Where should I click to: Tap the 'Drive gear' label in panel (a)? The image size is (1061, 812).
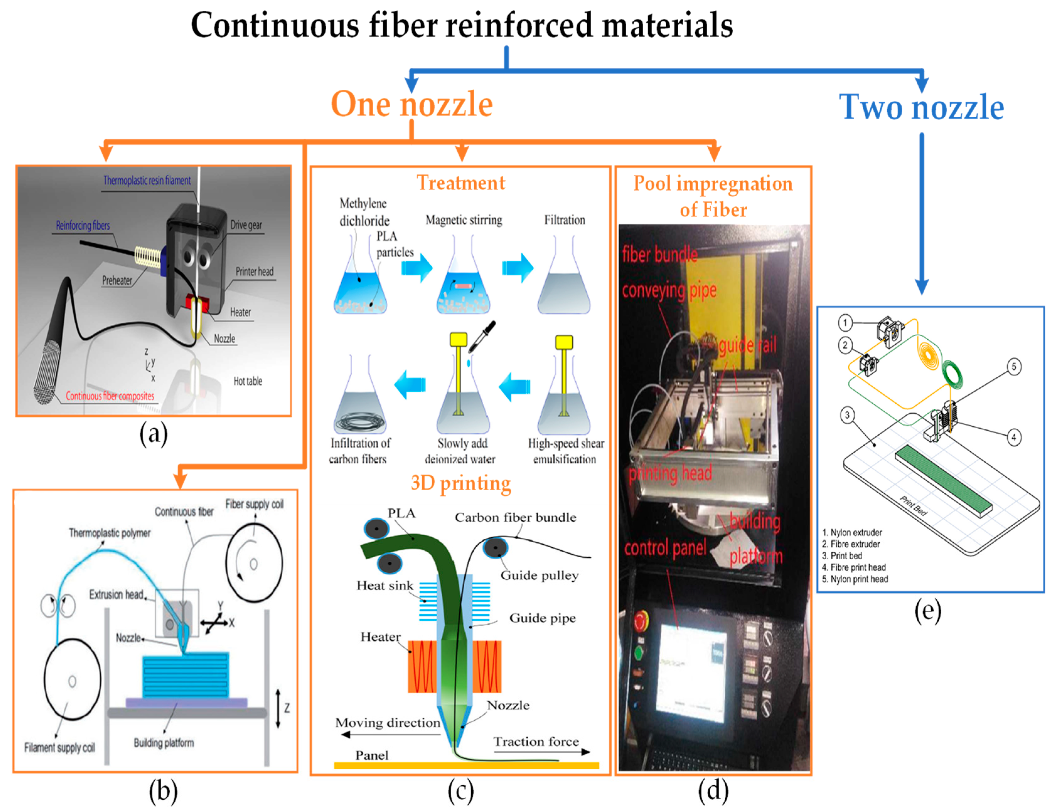246,225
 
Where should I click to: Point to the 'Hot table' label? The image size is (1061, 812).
248,381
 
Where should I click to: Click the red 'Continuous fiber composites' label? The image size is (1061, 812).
110,396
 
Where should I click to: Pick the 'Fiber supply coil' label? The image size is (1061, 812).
254,504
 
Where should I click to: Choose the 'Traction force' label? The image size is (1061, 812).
536,741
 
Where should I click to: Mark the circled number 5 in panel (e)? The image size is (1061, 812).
1014,366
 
